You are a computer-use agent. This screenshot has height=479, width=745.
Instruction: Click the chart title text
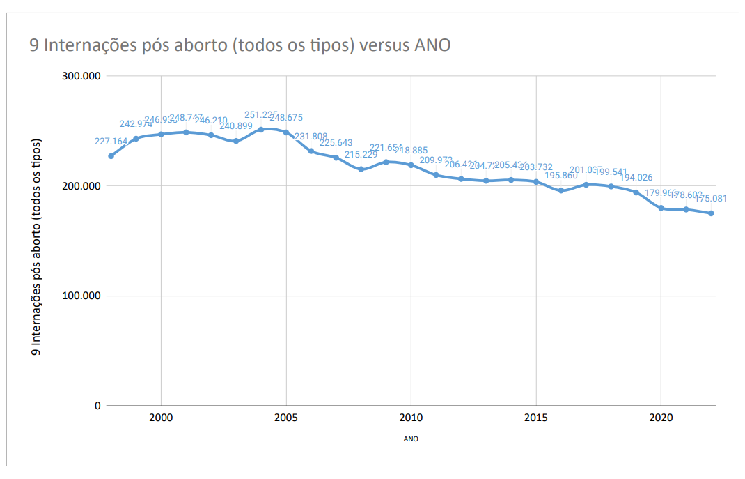tap(240, 45)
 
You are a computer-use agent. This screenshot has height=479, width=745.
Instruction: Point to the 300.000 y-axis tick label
tap(82, 76)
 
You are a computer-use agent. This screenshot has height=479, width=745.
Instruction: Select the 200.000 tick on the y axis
tap(82, 186)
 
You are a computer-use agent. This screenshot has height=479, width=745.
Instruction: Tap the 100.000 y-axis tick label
tap(82, 296)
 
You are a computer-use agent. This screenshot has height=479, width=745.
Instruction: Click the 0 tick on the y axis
tap(97, 406)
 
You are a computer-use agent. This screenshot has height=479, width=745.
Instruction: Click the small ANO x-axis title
tap(411, 440)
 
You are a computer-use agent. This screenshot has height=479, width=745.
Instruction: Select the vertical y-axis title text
tap(36, 248)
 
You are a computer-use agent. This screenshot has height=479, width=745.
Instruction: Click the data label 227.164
tap(111, 142)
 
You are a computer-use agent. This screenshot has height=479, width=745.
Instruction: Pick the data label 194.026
tap(636, 178)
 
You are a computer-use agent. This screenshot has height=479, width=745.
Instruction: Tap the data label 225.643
tap(336, 143)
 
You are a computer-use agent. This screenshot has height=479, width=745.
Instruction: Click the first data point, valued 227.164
tap(111, 156)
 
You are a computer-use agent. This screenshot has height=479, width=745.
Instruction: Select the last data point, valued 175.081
tap(711, 213)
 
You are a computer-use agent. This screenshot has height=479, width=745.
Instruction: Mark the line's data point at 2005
tap(286, 132)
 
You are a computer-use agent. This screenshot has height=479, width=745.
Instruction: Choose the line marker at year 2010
tap(411, 165)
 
